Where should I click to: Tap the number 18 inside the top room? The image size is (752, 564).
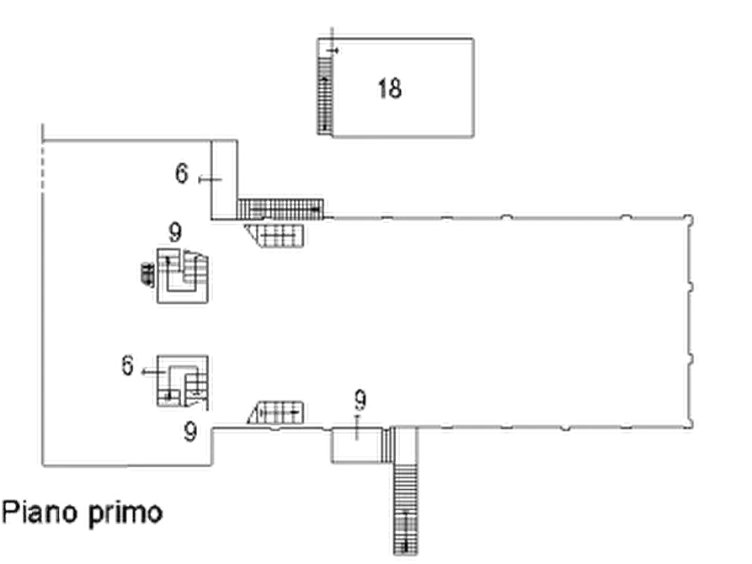tap(392, 86)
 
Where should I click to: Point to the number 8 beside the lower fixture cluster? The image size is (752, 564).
tap(129, 365)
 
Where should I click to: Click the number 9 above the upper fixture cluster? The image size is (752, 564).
tap(174, 228)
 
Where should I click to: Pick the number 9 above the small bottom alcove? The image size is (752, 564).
tap(361, 396)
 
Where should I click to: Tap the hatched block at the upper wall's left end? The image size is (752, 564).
tap(281, 208)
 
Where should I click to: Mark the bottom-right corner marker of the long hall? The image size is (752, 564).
tap(690, 425)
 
